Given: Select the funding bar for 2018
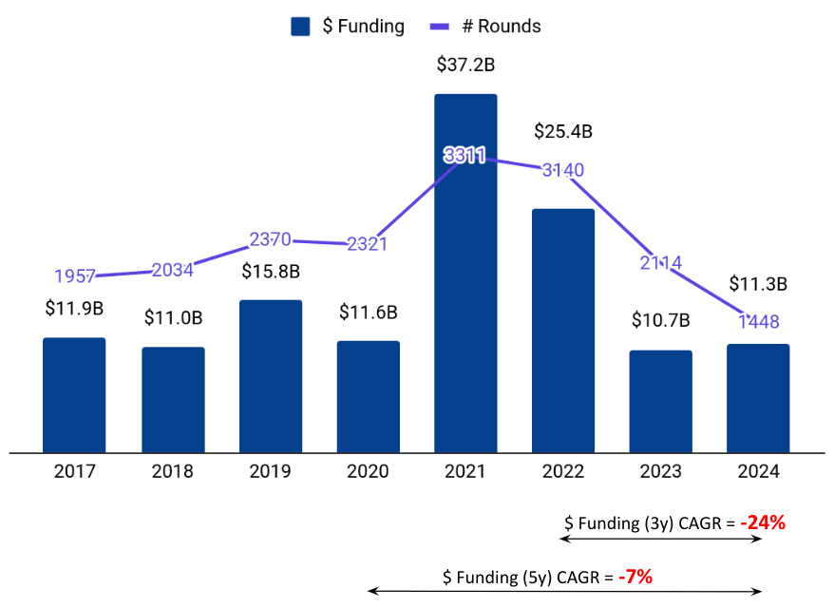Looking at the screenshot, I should click(x=174, y=399).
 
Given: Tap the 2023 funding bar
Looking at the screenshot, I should click(x=660, y=401).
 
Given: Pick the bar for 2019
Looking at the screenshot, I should click(x=271, y=376).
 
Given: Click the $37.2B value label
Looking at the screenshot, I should click(x=465, y=65).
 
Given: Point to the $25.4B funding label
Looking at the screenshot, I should click(x=563, y=131).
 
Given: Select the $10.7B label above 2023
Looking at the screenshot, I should click(x=660, y=320).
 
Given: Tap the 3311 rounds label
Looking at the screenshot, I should click(x=464, y=156).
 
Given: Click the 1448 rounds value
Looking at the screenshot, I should click(x=757, y=320).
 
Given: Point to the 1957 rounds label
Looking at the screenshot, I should click(x=75, y=276).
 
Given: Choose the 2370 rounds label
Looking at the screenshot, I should click(x=270, y=239).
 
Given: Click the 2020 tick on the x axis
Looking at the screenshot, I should click(x=368, y=471).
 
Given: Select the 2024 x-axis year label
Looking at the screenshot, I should click(x=757, y=471).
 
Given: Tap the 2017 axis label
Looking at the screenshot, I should click(x=75, y=471).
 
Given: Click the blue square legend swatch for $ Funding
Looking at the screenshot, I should click(x=300, y=27).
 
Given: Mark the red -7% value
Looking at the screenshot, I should click(x=635, y=576).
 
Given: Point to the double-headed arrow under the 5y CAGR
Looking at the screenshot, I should click(x=564, y=592).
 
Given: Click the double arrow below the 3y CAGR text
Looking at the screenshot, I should click(x=661, y=540).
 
